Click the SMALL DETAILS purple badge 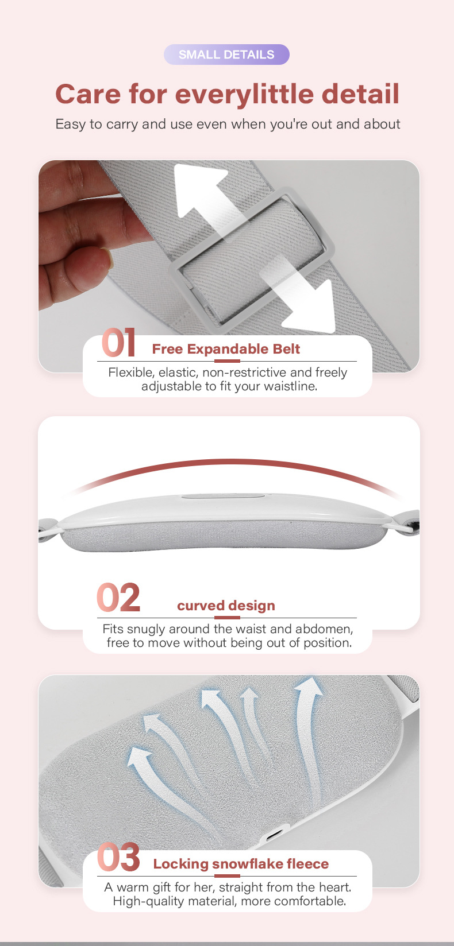point(226,55)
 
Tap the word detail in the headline point(360,94)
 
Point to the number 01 point(118,343)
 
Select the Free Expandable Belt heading point(226,349)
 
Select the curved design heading point(226,606)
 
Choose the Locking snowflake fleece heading point(241,864)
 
